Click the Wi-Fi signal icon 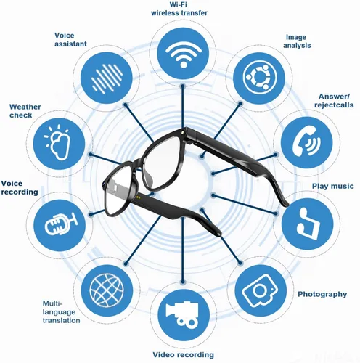[x=184, y=55]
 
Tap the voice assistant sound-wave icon [x=107, y=78]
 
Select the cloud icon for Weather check [x=59, y=142]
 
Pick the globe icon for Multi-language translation [x=107, y=290]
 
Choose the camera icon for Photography [x=259, y=290]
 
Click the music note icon [x=308, y=224]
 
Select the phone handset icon [x=306, y=142]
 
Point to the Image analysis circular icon [x=260, y=78]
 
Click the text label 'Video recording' [x=184, y=355]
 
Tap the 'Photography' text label [x=322, y=294]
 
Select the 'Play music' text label [x=332, y=186]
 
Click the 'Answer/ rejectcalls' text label [x=334, y=101]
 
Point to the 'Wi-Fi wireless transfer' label [x=179, y=9]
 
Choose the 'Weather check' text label [x=25, y=111]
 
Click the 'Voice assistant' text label [x=70, y=40]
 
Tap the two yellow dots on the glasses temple [x=139, y=197]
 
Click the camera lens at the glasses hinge [x=184, y=133]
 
